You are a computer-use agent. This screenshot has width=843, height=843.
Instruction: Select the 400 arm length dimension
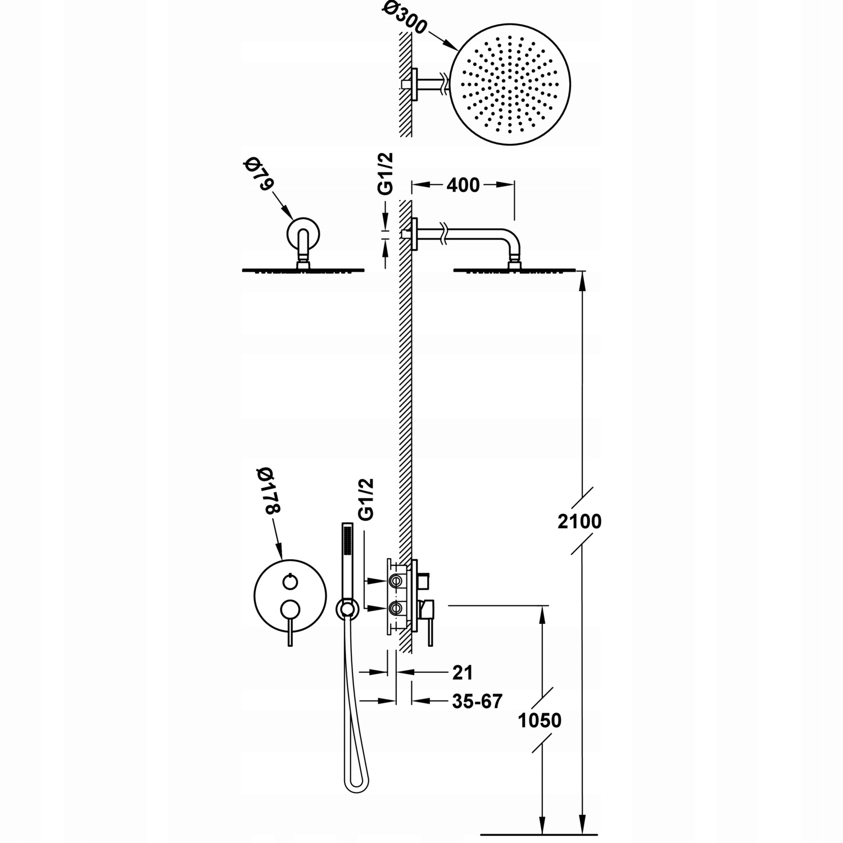pos(464,184)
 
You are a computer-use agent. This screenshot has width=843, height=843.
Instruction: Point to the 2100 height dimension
pos(579,522)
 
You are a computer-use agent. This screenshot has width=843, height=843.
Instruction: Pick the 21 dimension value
pos(462,672)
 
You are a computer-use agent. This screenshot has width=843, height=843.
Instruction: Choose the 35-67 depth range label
pos(477,701)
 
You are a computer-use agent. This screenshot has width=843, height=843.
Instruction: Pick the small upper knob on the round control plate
pos(289,582)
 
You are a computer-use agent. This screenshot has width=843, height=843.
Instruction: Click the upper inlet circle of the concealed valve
pos(396,580)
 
